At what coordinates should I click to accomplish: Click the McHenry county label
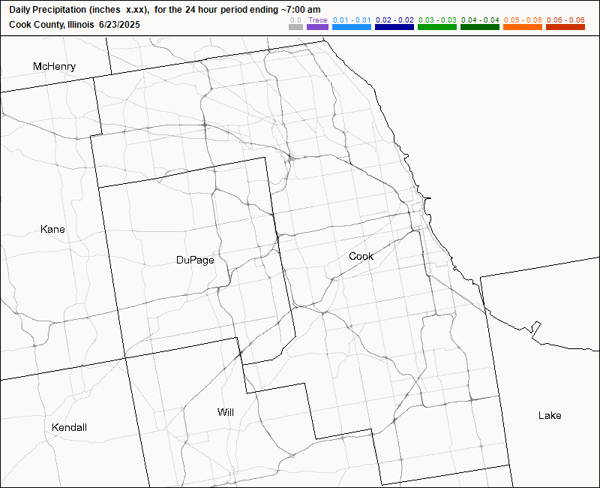[x=54, y=67]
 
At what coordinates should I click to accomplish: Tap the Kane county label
[x=52, y=229]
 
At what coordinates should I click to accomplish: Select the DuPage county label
[x=195, y=261]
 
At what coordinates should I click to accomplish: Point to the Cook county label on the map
[x=361, y=257]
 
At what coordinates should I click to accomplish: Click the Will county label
[x=226, y=412]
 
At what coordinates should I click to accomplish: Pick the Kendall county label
[x=69, y=427]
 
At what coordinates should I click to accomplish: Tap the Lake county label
[x=549, y=415]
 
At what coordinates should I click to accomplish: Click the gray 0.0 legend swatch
[x=295, y=27]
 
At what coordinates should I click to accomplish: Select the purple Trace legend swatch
[x=318, y=27]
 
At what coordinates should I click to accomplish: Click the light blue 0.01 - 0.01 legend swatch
[x=352, y=27]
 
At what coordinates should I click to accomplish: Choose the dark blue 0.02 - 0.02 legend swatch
[x=394, y=27]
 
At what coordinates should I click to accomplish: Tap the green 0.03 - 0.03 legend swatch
[x=436, y=27]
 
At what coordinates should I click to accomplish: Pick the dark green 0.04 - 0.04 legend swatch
[x=480, y=27]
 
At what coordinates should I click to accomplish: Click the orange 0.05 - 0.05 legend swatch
[x=522, y=27]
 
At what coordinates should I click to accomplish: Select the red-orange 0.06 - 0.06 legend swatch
[x=565, y=27]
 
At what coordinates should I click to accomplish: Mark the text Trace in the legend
[x=318, y=20]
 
